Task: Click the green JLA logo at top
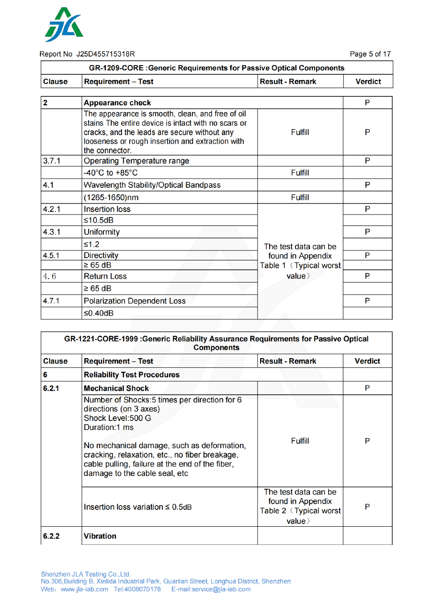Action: (64, 25)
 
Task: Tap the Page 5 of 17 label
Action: (370, 54)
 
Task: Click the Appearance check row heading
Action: (117, 103)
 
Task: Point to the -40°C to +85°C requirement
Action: (111, 173)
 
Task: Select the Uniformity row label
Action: (102, 232)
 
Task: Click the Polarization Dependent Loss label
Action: (135, 301)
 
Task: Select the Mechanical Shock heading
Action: (116, 388)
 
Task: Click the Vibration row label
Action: (100, 536)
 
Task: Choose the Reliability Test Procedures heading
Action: (132, 375)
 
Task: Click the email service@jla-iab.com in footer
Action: (211, 589)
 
